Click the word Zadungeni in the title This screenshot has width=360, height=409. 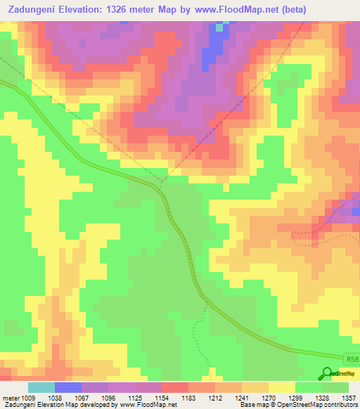tap(34, 10)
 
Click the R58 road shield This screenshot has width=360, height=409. tap(352, 358)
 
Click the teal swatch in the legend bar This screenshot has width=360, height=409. tap(41, 387)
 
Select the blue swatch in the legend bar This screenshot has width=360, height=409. tap(68, 387)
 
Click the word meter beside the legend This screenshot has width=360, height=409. tap(10, 396)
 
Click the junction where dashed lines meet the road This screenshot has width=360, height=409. tap(161, 184)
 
